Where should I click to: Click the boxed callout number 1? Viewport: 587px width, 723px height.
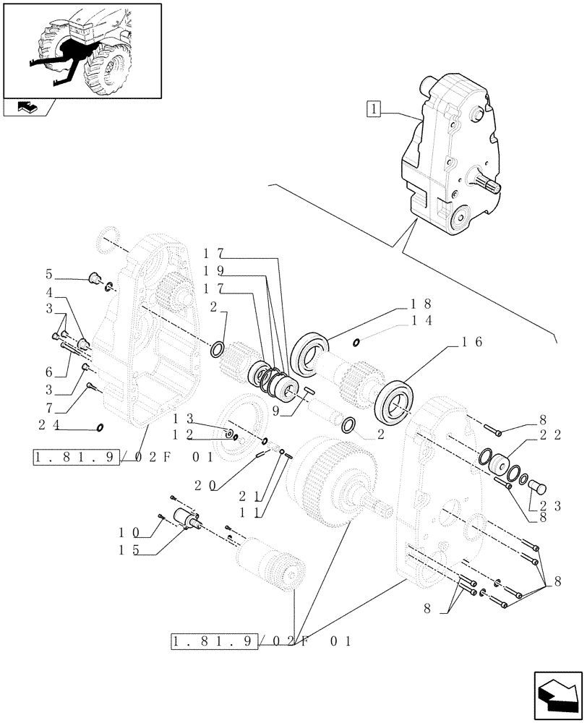[373, 110]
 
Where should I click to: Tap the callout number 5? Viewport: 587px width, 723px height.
[49, 274]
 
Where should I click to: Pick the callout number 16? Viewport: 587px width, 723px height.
[471, 343]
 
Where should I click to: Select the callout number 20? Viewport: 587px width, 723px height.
[217, 487]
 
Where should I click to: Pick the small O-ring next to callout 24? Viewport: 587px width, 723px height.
[99, 427]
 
